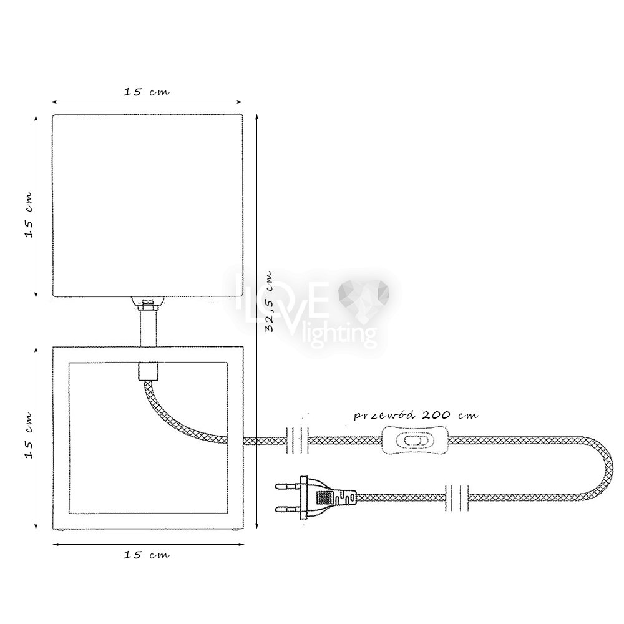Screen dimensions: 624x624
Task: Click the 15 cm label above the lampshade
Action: click(147, 92)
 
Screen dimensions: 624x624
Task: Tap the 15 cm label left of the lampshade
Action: click(29, 215)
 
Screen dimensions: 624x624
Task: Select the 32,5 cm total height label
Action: click(270, 301)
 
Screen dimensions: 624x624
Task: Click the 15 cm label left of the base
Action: click(29, 436)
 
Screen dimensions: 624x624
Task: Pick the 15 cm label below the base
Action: click(147, 555)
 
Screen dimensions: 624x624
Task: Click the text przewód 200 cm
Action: click(416, 415)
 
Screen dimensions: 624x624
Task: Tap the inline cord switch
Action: click(415, 441)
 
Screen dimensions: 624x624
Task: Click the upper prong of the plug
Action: click(288, 486)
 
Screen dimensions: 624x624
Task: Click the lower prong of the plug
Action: click(288, 509)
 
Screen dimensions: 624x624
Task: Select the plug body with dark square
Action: click(328, 497)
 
